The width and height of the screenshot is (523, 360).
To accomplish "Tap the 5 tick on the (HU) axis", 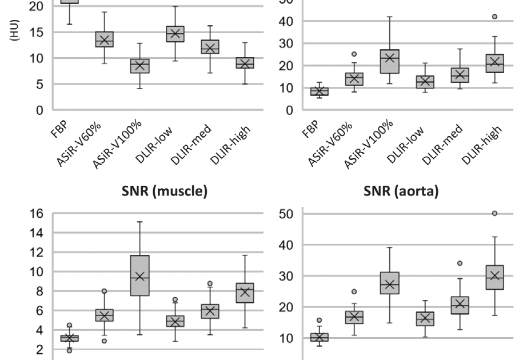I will pos(34,84).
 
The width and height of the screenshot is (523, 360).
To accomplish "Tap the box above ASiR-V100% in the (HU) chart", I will pos(139,66).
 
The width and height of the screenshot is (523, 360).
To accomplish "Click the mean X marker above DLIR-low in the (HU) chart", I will pos(174,34).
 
